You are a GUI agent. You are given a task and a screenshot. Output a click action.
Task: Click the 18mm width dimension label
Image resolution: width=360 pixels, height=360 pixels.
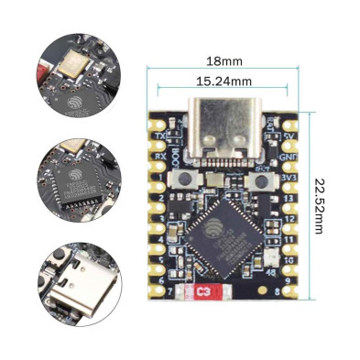coord(224,61)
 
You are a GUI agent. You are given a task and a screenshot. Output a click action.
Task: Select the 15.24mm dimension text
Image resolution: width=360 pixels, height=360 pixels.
coord(224,81)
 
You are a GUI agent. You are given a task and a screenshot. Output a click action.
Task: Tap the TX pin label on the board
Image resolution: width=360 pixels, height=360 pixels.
coord(161,135)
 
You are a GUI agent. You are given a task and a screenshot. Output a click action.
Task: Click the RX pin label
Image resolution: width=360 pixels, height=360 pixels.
coord(161,155)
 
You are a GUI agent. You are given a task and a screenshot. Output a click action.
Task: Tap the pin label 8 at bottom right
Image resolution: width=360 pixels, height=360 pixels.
coord(277,294)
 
